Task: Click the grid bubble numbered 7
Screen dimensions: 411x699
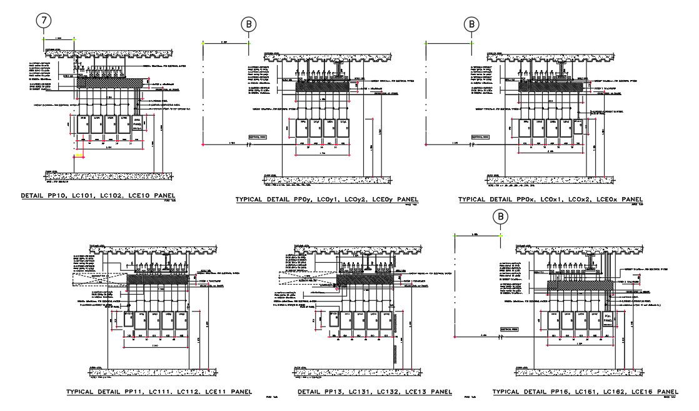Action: (x=43, y=20)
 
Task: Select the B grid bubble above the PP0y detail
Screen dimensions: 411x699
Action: (x=249, y=24)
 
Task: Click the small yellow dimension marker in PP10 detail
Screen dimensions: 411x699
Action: (x=79, y=153)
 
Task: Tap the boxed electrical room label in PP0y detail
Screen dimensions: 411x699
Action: (x=258, y=136)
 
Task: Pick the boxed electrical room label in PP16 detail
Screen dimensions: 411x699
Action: (x=511, y=328)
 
